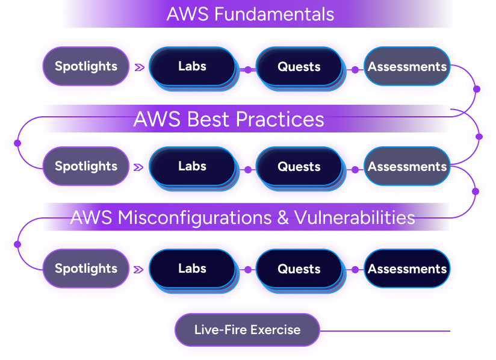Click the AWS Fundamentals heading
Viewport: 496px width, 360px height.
pyautogui.click(x=250, y=14)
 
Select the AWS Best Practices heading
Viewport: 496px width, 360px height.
pyautogui.click(x=229, y=119)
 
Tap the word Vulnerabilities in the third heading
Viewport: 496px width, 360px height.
pyautogui.click(x=355, y=217)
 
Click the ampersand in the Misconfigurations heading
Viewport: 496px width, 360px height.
pyautogui.click(x=283, y=217)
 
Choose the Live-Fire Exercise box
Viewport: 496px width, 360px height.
pyautogui.click(x=247, y=329)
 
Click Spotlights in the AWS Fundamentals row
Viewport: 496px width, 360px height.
pyautogui.click(x=86, y=67)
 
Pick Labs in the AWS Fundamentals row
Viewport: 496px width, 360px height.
pyautogui.click(x=192, y=66)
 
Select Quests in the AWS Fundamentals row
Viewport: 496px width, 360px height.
pyautogui.click(x=299, y=67)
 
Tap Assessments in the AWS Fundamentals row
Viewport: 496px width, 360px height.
pyautogui.click(x=408, y=67)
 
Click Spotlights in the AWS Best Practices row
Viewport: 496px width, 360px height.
pyautogui.click(x=86, y=166)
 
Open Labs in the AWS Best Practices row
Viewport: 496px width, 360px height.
pyautogui.click(x=192, y=166)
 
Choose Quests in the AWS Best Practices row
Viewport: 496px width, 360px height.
pyautogui.click(x=299, y=167)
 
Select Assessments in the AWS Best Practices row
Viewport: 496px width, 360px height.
pyautogui.click(x=408, y=167)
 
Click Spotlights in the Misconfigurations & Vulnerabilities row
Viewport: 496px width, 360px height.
pyautogui.click(x=86, y=268)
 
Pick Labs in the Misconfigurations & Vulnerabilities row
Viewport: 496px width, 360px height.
pyautogui.click(x=192, y=268)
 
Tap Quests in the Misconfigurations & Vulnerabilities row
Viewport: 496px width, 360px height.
pyautogui.click(x=299, y=269)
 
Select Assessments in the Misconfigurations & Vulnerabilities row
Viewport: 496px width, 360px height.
pyautogui.click(x=408, y=269)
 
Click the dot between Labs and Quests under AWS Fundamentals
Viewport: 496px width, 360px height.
pyautogui.click(x=247, y=70)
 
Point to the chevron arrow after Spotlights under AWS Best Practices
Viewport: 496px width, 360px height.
pyautogui.click(x=140, y=168)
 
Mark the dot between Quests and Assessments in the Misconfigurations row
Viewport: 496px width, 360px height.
pyautogui.click(x=355, y=270)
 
